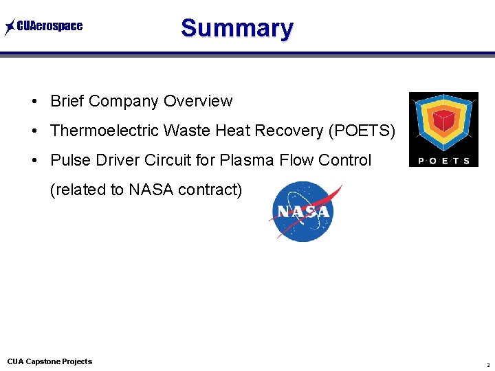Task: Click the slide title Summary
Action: click(236, 28)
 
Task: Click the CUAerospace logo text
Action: click(49, 27)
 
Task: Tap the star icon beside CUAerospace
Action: click(10, 27)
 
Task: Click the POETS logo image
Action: click(443, 129)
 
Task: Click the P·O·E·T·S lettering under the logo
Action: click(443, 161)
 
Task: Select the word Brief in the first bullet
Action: click(67, 101)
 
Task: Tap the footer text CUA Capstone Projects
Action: click(49, 361)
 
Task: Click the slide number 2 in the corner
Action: click(487, 364)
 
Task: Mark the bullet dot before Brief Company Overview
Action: click(34, 102)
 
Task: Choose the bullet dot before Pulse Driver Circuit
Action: click(34, 161)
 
